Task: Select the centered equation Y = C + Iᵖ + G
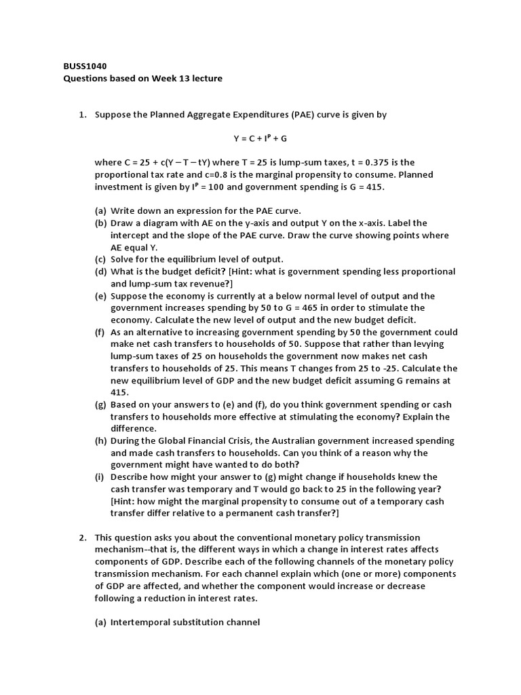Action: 260,138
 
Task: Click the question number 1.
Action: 83,115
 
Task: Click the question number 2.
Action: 83,537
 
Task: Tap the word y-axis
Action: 270,223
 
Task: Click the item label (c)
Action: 101,259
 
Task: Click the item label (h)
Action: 101,440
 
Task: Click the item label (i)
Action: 100,477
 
